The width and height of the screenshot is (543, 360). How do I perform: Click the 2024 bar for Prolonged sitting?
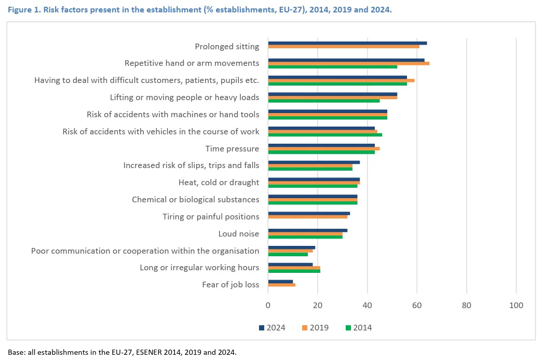point(347,43)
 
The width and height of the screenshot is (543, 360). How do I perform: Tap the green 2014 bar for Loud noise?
point(305,237)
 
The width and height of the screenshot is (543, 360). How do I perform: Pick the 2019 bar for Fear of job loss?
point(282,285)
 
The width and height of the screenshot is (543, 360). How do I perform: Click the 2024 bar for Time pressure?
point(321,145)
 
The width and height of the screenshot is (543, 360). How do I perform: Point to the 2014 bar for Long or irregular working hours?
point(294,271)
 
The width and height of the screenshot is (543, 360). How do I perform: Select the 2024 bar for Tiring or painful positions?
point(309,213)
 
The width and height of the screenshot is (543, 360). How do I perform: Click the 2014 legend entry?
point(358,327)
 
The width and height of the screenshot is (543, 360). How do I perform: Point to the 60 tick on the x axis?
point(417,306)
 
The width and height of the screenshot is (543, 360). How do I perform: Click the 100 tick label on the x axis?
point(516,306)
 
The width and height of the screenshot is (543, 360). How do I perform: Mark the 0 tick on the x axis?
point(268,306)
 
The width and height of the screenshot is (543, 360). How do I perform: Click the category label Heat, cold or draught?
point(219,183)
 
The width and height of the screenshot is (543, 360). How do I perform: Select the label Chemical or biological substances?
point(195,200)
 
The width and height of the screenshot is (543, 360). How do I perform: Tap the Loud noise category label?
point(238,234)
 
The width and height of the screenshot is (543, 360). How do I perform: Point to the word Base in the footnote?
point(16,352)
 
